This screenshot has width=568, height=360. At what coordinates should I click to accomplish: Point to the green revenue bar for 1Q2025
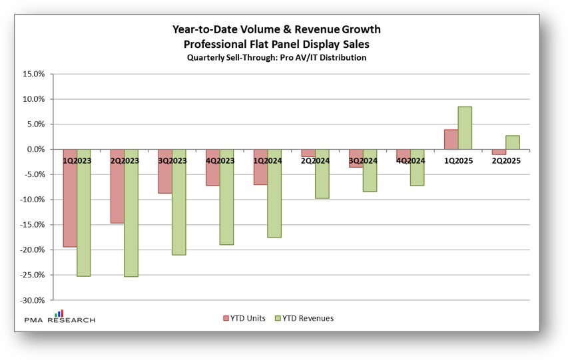[x=465, y=128]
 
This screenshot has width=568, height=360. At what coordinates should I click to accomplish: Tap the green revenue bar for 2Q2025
[x=513, y=142]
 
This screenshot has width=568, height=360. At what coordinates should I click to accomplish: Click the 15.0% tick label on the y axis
[x=33, y=74]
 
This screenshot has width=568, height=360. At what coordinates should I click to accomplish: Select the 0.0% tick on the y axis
[x=35, y=150]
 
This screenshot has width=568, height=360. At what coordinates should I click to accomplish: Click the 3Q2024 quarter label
[x=363, y=160]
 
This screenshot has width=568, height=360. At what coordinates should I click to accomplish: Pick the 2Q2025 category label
[x=506, y=160]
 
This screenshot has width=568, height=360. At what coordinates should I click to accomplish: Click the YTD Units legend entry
[x=244, y=318]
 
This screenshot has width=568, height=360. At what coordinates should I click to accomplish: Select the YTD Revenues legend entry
[x=303, y=318]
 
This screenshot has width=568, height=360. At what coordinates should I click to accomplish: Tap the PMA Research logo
[x=59, y=317]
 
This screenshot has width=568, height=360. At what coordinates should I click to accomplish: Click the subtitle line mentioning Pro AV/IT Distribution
[x=276, y=58]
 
